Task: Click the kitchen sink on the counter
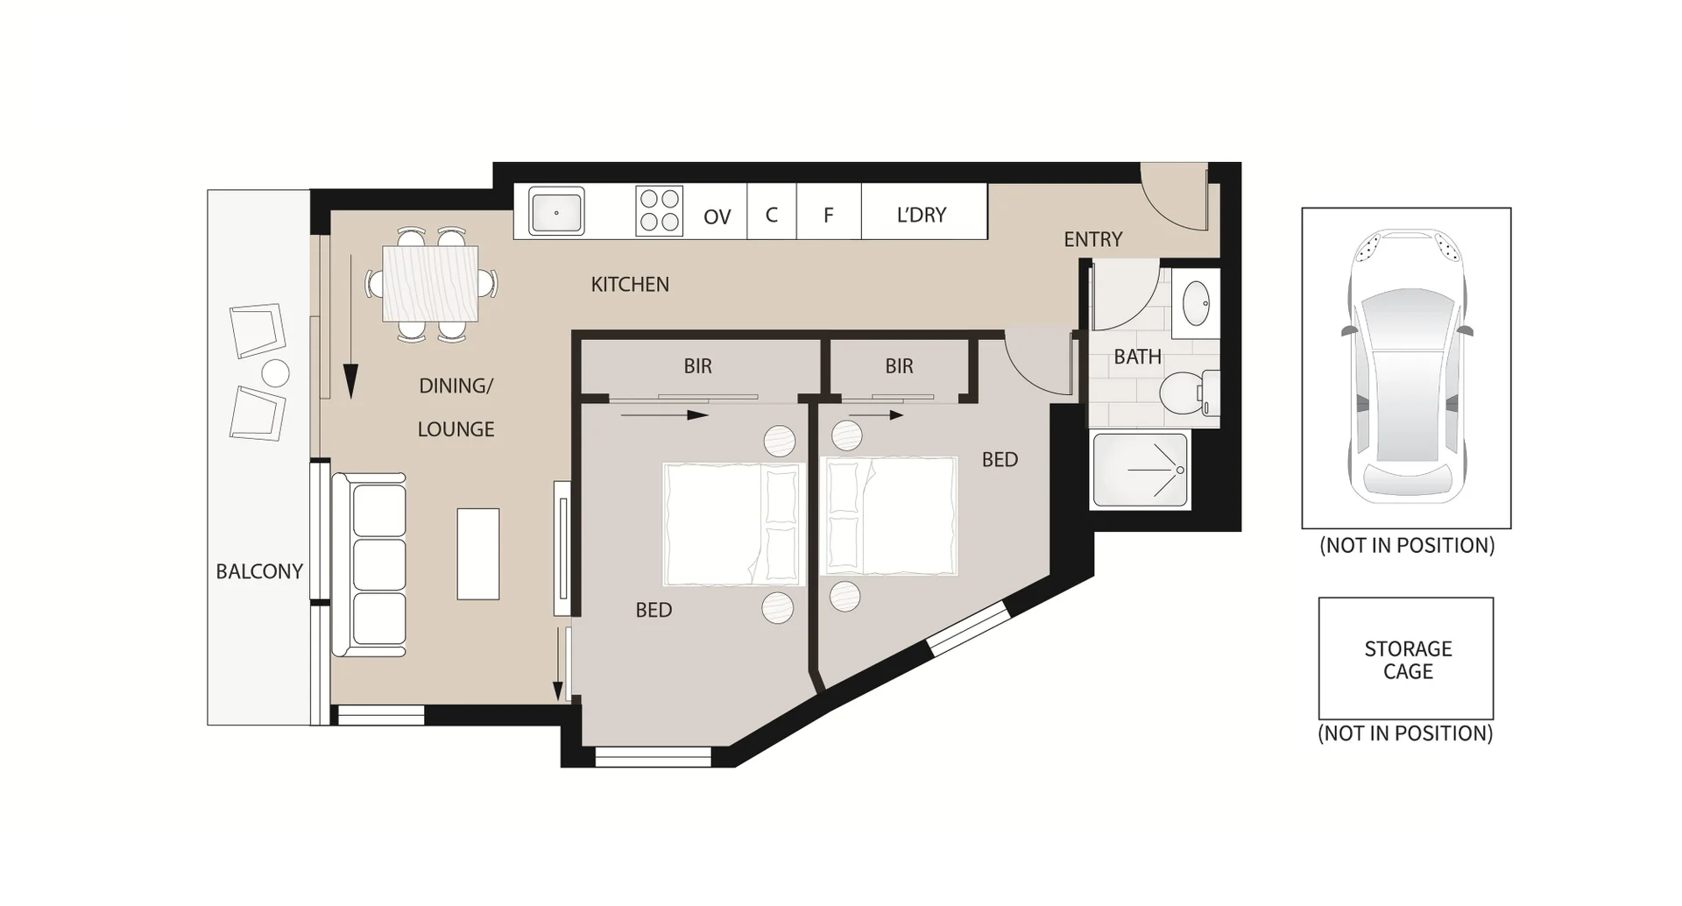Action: click(x=556, y=212)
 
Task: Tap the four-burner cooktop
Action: click(x=659, y=211)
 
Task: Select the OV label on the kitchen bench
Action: click(x=717, y=216)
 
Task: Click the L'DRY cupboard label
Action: click(x=922, y=215)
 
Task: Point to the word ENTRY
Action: click(x=1092, y=239)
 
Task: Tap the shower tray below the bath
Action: click(x=1140, y=471)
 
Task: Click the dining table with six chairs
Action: click(x=430, y=284)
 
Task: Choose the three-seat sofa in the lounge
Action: click(x=369, y=565)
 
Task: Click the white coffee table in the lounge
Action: click(x=478, y=554)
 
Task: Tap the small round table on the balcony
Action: click(x=275, y=373)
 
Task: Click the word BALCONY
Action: click(x=259, y=571)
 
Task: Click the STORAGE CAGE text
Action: click(x=1407, y=660)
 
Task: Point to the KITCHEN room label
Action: click(x=630, y=284)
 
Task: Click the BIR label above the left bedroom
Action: click(x=697, y=366)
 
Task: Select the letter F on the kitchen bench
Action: click(x=828, y=215)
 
